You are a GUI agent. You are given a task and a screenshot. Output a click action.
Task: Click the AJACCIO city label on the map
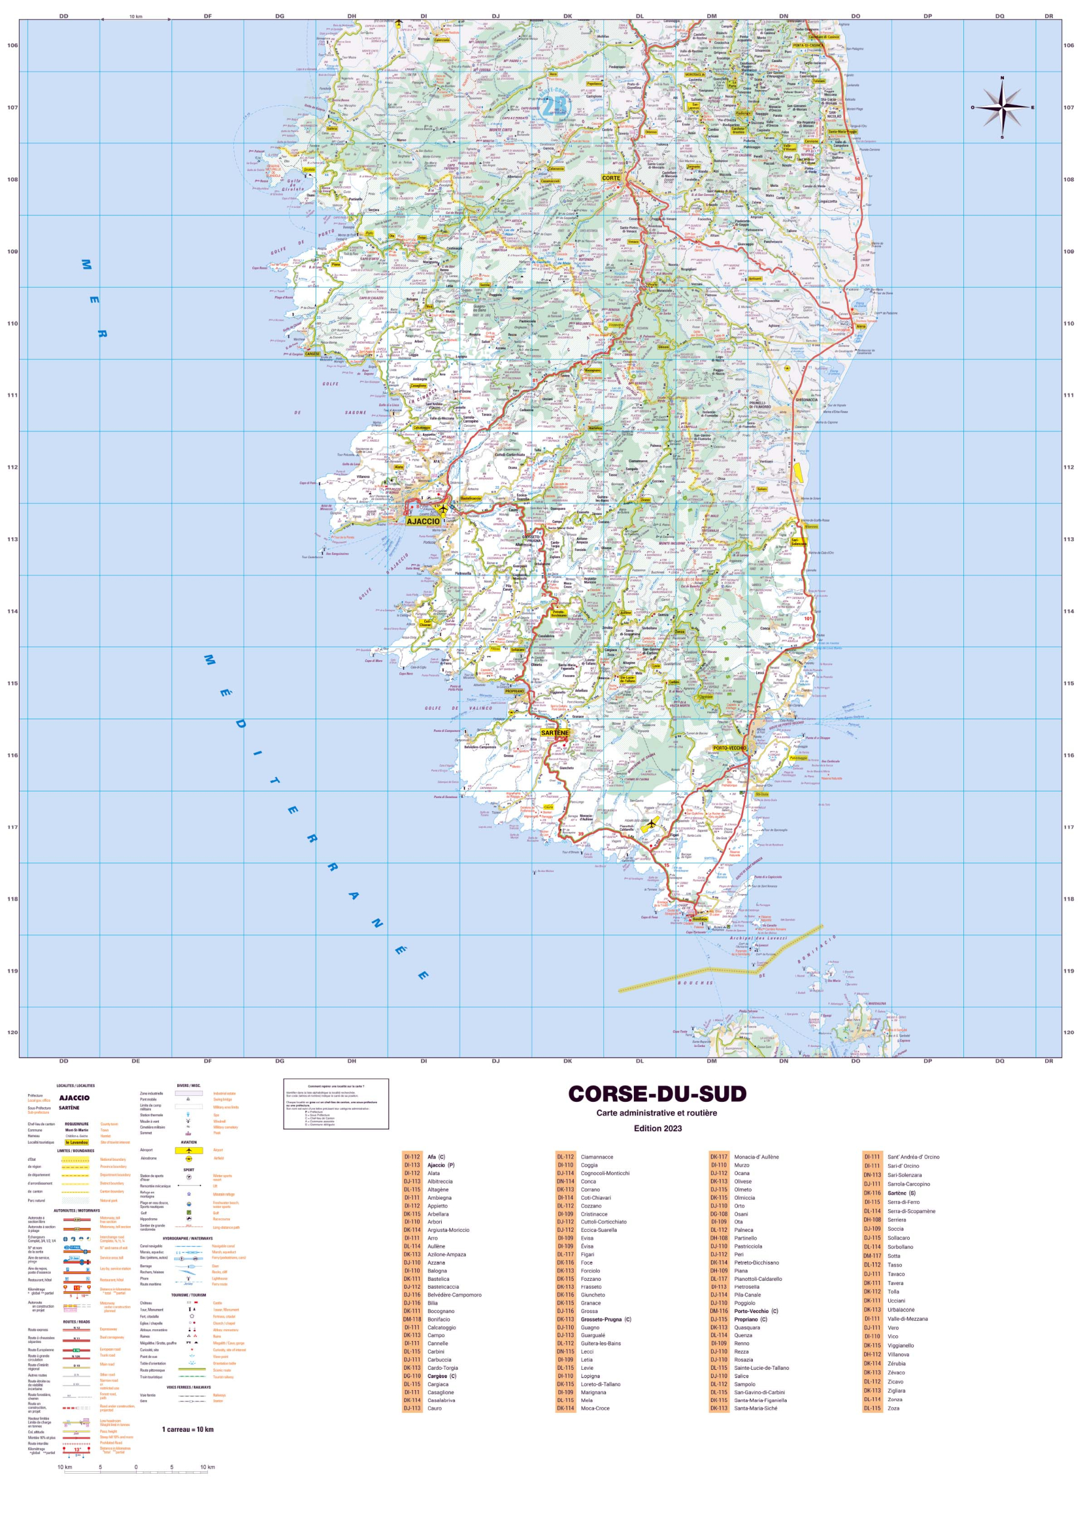pos(423,521)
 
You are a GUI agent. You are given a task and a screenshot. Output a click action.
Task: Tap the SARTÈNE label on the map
pos(555,733)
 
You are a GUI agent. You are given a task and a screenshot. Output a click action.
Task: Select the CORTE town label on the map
pos(611,178)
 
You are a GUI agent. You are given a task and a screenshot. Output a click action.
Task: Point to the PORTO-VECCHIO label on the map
pos(729,748)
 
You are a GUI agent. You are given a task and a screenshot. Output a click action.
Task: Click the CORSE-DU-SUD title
pos(657,1093)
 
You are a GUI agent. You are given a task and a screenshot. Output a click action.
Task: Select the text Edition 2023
pos(657,1128)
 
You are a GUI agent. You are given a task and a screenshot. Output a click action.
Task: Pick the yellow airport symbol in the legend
pos(189,1150)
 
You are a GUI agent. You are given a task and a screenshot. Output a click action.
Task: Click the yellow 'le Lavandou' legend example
pos(76,1142)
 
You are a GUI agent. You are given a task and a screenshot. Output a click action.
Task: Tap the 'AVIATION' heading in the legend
pos(189,1142)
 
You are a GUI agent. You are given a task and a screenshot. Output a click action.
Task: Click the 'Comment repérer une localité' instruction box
pos(335,1104)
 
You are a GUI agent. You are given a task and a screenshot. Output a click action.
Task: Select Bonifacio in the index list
pos(439,1319)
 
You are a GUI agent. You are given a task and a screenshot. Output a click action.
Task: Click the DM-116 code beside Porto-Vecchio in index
pos(719,1311)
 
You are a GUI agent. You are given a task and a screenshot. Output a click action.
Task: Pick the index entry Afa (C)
pos(436,1157)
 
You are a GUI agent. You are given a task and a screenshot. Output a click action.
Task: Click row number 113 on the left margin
pos(12,539)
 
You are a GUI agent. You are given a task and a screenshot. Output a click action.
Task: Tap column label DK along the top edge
pos(567,16)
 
